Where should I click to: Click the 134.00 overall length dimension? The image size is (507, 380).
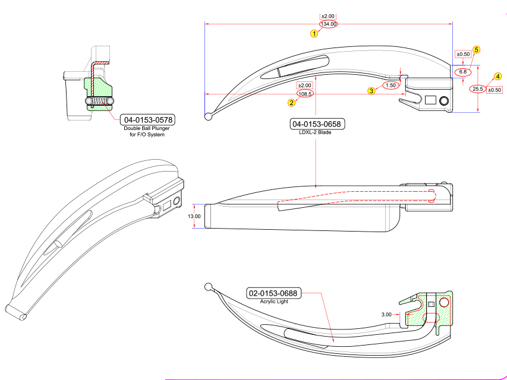(x=328, y=24)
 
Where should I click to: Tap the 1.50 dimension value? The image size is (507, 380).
(x=391, y=85)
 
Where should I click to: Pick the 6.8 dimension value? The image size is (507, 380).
(x=462, y=71)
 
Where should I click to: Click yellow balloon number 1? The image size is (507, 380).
(x=314, y=33)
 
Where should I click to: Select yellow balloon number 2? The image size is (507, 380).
(x=291, y=102)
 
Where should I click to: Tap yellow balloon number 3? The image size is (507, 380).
(x=371, y=91)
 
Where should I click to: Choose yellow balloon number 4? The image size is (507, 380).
(x=497, y=77)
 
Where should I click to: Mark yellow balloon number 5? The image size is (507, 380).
(x=476, y=50)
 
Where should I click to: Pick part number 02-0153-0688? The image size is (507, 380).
(x=273, y=293)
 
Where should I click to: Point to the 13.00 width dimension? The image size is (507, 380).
(x=194, y=216)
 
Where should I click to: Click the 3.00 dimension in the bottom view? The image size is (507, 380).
(x=386, y=314)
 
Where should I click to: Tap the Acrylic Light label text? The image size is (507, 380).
(x=273, y=302)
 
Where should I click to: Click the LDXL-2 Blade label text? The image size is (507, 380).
(x=315, y=132)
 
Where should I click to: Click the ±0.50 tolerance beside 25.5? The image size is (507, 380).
(x=495, y=90)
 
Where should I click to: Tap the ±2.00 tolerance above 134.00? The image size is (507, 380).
(x=328, y=15)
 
